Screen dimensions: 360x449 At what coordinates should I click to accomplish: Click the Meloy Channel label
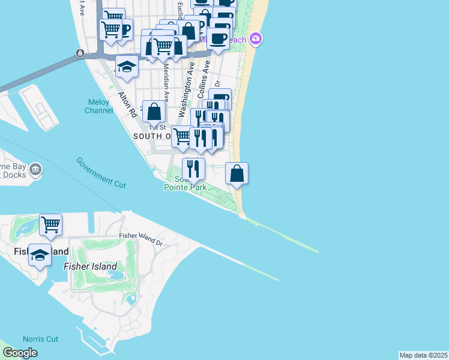98,106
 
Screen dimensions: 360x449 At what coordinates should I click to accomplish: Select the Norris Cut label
40,339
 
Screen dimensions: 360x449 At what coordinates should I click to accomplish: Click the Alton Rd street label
125,103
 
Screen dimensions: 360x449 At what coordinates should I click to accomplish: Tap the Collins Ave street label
203,86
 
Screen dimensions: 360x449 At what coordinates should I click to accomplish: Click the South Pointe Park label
185,184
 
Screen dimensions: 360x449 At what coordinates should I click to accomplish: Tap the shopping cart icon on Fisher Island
51,225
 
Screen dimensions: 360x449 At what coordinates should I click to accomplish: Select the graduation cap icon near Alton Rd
127,67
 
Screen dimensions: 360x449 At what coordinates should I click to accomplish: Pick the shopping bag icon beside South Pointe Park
237,173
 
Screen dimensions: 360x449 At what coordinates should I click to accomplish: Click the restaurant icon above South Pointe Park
193,169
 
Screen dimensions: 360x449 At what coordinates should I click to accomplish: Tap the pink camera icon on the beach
256,39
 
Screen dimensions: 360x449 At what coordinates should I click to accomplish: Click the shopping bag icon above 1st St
154,112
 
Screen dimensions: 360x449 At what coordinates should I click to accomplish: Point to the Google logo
20,353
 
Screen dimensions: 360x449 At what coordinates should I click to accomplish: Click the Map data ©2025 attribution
424,355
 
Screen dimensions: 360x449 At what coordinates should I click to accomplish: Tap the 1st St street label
157,127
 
